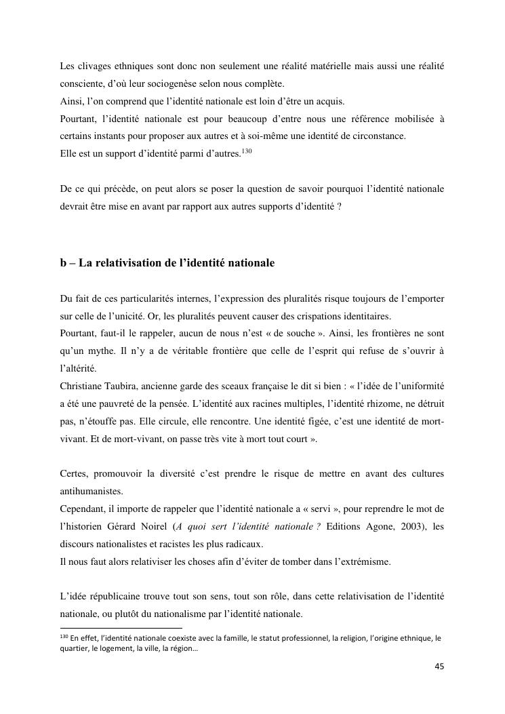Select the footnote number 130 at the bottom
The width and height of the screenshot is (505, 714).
click(x=64, y=637)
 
